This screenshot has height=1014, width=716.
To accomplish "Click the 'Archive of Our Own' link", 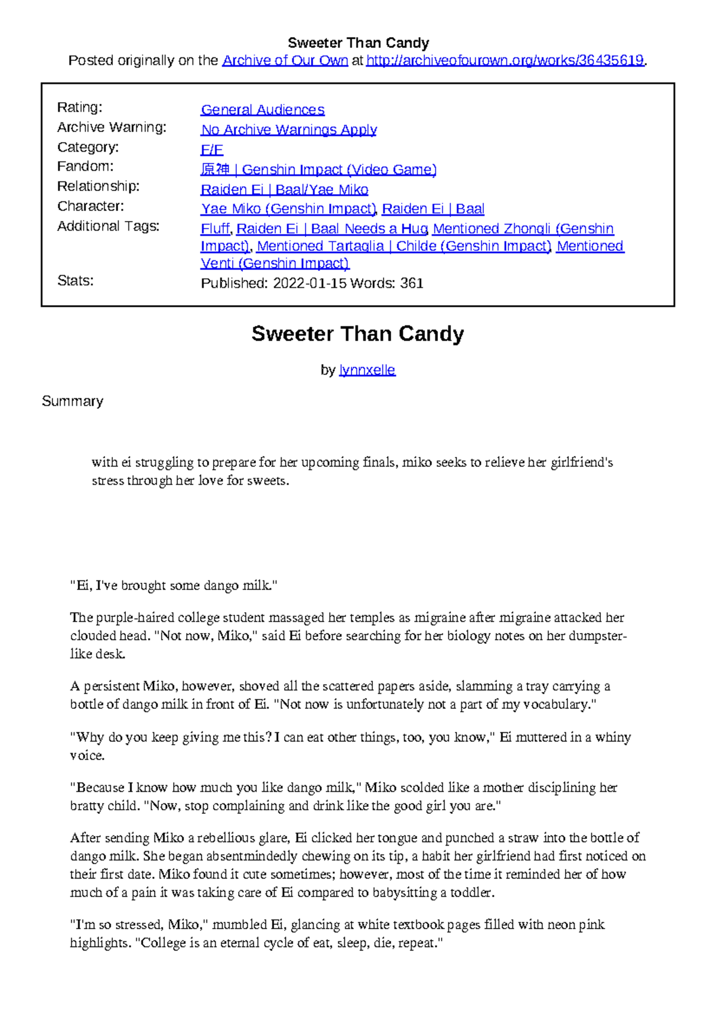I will coord(285,60).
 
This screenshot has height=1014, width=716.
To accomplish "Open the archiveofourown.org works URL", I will coord(505,60).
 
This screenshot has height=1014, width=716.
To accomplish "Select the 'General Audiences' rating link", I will coord(263,110).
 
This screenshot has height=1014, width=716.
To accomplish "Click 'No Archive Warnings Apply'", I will coord(289,130).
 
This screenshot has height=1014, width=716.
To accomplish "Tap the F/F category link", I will coord(212,149).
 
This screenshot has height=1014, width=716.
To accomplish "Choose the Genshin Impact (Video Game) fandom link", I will coord(319,170).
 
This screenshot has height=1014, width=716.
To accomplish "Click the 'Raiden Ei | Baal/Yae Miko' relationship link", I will coord(284,189).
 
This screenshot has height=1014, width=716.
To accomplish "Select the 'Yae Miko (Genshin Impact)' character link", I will coord(288,209).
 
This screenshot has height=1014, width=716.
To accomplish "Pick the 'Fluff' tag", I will coord(215,229).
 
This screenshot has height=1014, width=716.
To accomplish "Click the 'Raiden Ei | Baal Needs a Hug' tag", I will coord(332,229).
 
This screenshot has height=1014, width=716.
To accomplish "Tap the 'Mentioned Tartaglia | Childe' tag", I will coord(404,246).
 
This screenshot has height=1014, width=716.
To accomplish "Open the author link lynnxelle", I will coord(367,370).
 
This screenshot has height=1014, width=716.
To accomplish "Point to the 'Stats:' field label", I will coord(75,281).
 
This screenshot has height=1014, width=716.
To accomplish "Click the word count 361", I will coord(412,283).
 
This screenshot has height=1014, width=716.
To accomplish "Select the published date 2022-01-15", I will coord(310,283).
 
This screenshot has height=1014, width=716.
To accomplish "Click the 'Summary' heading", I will coord(72,401).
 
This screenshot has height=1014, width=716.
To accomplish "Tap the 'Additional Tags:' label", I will coord(108,226).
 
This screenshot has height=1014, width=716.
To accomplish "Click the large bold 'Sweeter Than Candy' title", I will coord(357,334).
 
